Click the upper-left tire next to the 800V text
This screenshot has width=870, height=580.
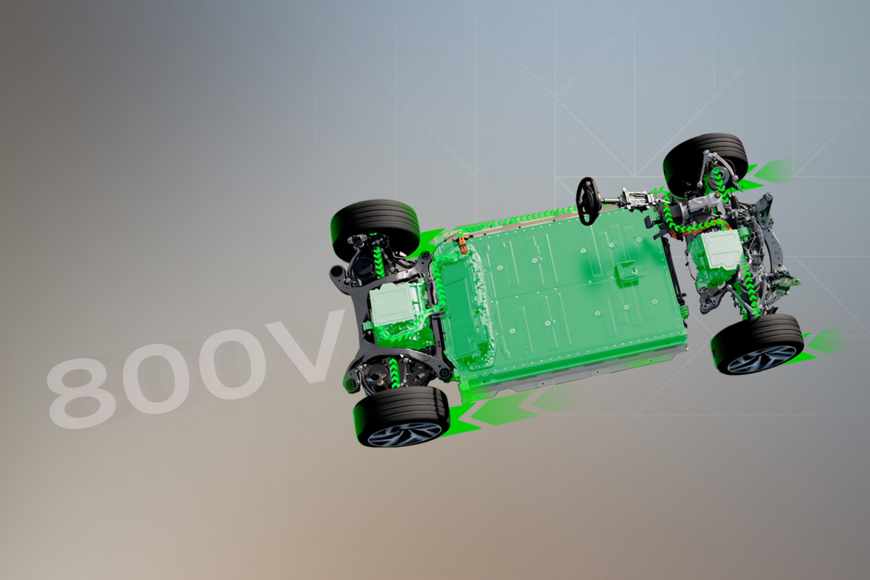pyautogui.click(x=375, y=229)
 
